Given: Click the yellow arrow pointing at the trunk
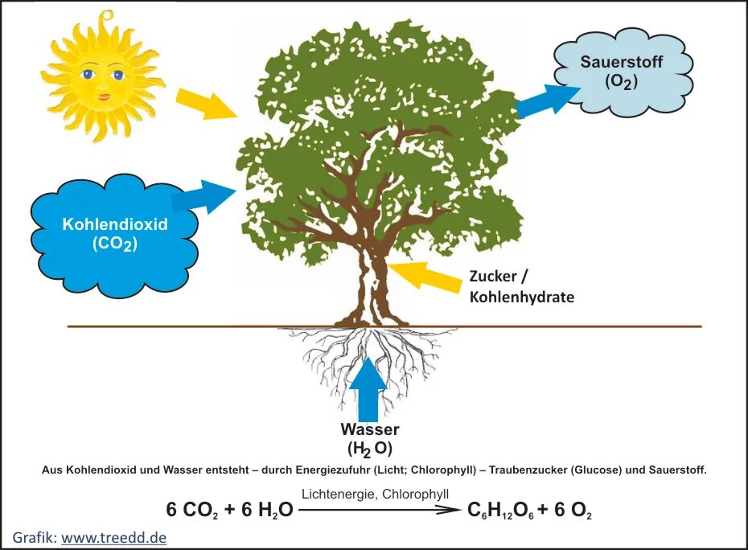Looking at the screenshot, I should point(425,276).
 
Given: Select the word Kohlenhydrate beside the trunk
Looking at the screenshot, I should point(522,297).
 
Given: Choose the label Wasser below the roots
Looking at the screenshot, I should point(369,430).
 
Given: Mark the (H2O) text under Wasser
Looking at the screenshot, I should point(370,449).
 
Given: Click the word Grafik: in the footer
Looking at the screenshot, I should point(35,536).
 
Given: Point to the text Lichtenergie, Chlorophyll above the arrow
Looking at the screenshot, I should point(375,494).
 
